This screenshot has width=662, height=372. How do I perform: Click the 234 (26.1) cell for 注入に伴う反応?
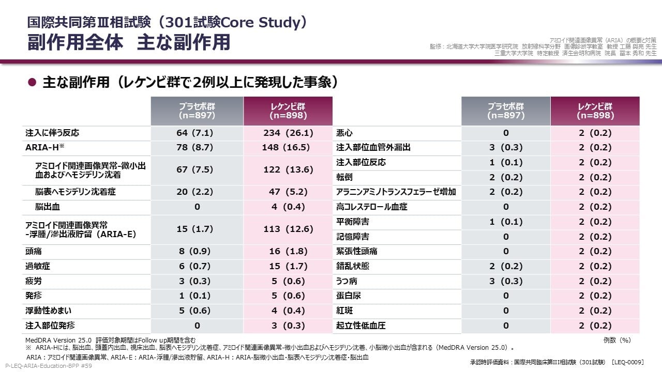[288, 133]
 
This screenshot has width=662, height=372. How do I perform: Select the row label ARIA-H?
[44, 147]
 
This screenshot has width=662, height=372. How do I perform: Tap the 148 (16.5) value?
[286, 147]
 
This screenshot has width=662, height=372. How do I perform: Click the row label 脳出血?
[47, 207]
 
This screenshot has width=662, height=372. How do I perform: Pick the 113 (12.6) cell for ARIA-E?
[288, 229]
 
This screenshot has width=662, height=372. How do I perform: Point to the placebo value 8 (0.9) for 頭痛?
[194, 251]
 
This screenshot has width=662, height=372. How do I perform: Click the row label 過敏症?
[38, 266]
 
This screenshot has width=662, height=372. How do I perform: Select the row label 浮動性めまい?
[48, 311]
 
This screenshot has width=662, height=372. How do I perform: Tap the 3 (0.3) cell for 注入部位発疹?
[288, 326]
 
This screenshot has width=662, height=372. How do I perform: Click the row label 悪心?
[344, 133]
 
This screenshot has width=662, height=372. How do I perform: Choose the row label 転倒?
[344, 177]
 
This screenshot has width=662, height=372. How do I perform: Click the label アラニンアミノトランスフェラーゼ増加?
[396, 192]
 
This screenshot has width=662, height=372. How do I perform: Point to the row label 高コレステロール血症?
[371, 207]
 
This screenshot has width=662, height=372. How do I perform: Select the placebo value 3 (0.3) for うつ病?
[506, 281]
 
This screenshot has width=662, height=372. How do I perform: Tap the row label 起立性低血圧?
[361, 326]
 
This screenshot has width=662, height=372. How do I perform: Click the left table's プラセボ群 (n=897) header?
[197, 111]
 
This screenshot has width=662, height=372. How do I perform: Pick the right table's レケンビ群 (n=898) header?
[595, 111]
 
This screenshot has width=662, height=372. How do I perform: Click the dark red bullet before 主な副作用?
[32, 82]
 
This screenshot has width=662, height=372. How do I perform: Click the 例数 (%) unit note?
[617, 340]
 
